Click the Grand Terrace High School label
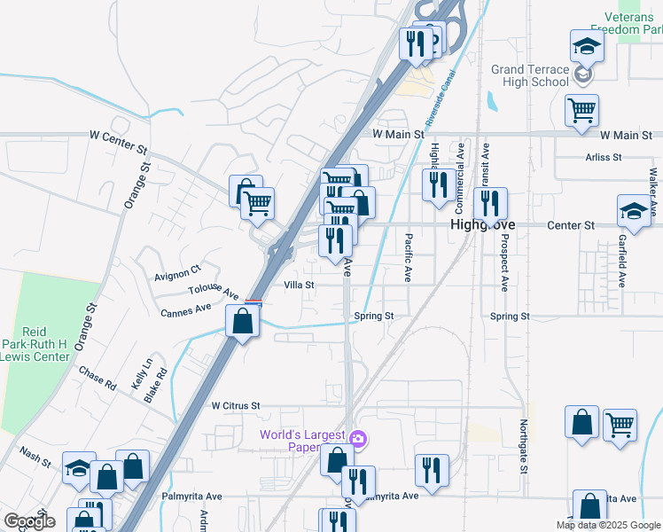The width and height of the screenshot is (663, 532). click(x=530, y=75)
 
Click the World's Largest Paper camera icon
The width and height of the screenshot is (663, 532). click(x=358, y=438)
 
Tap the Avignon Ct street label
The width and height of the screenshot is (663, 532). click(x=178, y=269)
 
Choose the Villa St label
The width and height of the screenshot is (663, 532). click(x=299, y=286)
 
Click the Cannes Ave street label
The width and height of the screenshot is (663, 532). click(x=186, y=310)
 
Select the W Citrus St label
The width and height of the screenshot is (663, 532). click(x=235, y=405)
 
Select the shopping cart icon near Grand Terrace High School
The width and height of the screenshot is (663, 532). click(x=581, y=110)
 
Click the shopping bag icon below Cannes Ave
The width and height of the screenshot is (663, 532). click(x=243, y=321)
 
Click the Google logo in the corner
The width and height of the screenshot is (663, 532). click(x=29, y=521)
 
